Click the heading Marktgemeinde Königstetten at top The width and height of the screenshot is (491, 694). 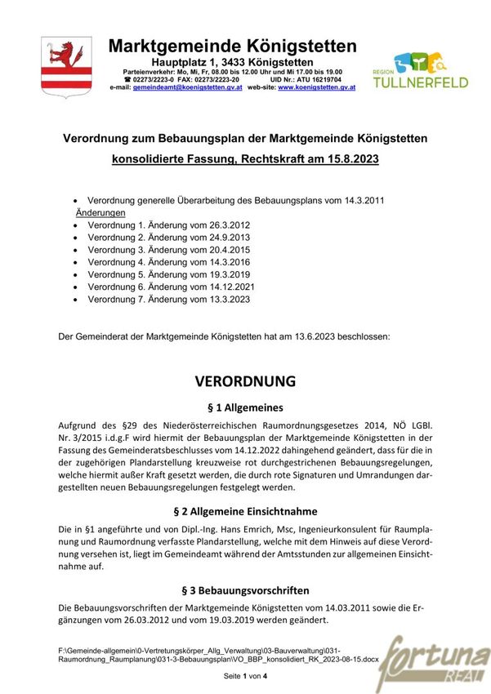click(x=232, y=46)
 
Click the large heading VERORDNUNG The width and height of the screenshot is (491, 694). click(x=245, y=381)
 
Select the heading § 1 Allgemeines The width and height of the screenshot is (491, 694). click(x=245, y=407)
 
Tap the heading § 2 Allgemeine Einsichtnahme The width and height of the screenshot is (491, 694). click(x=245, y=511)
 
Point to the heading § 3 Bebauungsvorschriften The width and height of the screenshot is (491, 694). click(x=245, y=589)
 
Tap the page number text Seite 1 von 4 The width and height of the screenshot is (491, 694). click(x=245, y=677)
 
